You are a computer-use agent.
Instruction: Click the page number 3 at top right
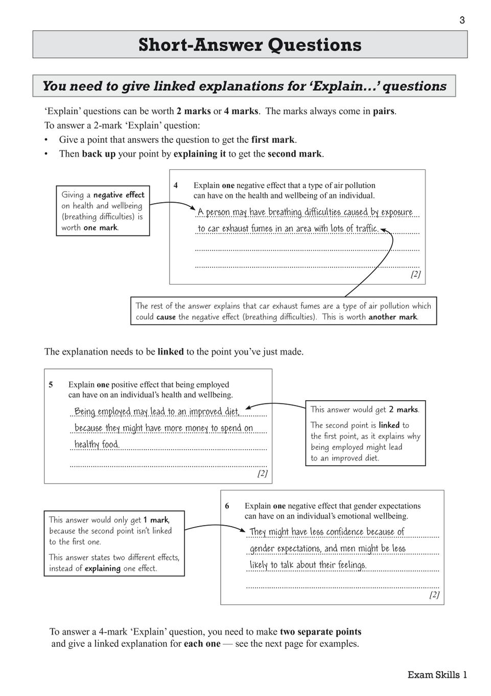point(462,20)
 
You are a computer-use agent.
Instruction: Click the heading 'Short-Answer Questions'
point(250,45)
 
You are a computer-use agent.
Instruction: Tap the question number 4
point(176,186)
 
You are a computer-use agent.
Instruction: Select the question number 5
point(51,385)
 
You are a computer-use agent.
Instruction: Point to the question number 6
point(227,506)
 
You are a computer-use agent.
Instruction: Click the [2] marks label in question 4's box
point(415,274)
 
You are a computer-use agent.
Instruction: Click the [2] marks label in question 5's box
point(262,473)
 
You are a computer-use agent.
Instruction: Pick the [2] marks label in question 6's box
point(434,595)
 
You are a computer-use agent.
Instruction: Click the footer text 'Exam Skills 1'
point(437,675)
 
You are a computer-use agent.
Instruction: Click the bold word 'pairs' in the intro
point(383,111)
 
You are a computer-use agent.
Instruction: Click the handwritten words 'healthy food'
point(97,444)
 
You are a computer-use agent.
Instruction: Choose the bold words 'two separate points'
point(320,632)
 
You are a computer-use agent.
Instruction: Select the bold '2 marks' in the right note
point(403,409)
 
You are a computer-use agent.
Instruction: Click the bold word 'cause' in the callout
point(166,317)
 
